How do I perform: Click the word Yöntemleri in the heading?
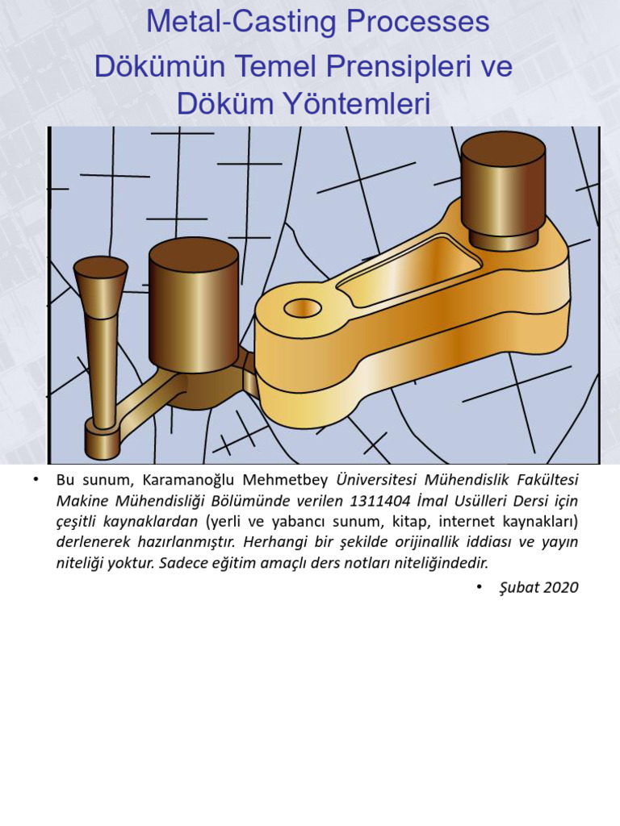358,103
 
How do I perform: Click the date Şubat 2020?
538,587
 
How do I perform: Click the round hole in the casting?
302,307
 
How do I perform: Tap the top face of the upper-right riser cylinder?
503,148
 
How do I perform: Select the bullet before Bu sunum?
36,479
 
